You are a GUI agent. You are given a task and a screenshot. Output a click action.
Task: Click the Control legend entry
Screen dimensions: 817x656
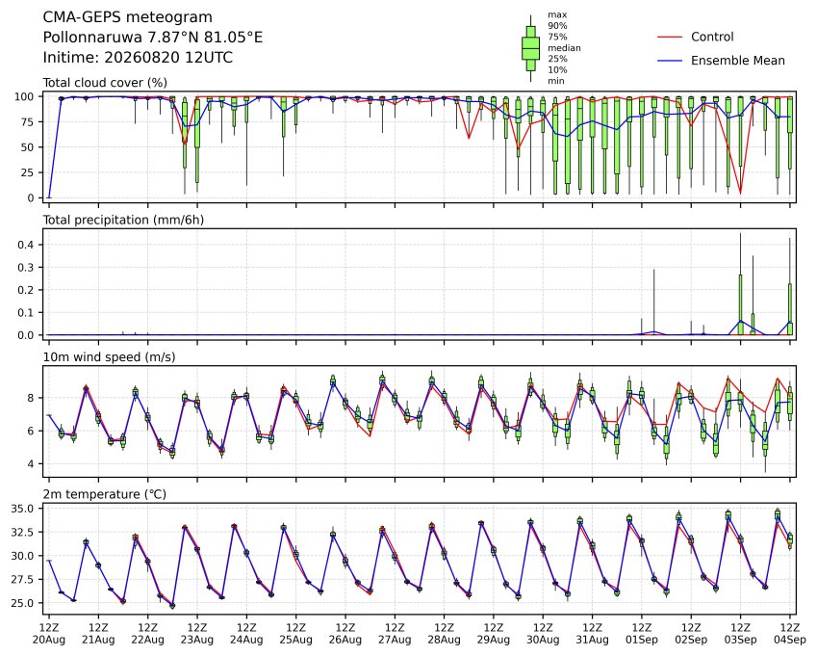coord(712,37)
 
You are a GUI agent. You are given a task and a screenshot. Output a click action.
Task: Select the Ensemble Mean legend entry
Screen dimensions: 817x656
coord(737,61)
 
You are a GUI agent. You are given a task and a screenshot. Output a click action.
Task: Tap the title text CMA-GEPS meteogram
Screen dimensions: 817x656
coord(128,17)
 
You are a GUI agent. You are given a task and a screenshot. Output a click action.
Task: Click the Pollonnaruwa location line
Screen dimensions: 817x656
coord(153,38)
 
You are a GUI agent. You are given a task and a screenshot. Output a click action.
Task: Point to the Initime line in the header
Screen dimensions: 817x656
coord(138,58)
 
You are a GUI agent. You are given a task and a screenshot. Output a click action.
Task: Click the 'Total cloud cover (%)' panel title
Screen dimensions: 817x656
coord(105,83)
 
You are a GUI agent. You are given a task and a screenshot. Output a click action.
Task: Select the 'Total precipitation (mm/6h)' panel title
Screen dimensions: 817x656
coord(123,220)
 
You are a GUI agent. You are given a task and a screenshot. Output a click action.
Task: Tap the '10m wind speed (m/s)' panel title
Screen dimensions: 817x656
coord(109,357)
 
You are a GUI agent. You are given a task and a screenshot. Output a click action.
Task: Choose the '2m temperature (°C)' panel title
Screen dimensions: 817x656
coord(104,494)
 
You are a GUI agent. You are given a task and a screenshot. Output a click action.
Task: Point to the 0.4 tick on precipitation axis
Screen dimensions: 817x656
coord(26,245)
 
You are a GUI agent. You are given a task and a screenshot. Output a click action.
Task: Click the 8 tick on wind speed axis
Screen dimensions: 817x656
coord(30,398)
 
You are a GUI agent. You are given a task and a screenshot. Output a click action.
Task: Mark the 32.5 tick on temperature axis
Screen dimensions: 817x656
coord(22,532)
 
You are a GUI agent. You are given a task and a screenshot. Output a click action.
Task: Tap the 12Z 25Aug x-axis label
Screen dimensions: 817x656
coord(296,634)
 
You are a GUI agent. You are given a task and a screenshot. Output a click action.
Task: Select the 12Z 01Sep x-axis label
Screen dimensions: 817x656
coord(642,634)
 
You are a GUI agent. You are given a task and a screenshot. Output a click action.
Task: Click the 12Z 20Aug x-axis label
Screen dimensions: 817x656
coord(49,634)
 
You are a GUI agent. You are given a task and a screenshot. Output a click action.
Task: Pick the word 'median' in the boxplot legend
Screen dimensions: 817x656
coord(564,48)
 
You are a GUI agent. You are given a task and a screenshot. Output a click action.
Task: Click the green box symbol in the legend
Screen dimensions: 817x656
coord(530,48)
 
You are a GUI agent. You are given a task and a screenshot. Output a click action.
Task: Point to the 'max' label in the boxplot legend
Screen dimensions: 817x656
coord(557,15)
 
